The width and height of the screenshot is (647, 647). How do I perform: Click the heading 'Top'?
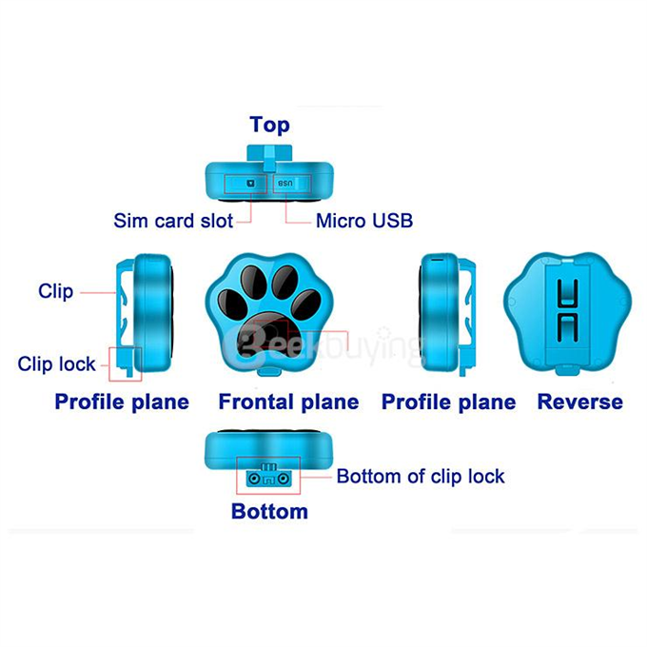click(x=269, y=125)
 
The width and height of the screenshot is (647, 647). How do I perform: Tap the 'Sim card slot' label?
click(x=173, y=221)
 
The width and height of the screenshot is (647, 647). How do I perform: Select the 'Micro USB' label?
click(x=364, y=221)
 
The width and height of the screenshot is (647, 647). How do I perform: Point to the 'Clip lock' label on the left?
click(x=56, y=363)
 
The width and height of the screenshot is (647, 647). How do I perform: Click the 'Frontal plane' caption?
click(x=288, y=402)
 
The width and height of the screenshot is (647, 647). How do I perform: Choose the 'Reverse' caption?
click(x=580, y=402)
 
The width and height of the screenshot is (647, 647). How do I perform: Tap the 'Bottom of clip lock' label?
click(x=421, y=477)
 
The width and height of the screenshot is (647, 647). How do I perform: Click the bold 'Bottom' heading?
click(x=269, y=512)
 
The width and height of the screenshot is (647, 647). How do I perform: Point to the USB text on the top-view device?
click(x=285, y=184)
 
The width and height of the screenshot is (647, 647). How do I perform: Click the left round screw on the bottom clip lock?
click(x=255, y=479)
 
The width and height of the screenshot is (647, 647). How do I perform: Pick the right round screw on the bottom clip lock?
click(x=283, y=479)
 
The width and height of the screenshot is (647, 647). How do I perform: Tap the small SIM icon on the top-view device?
click(x=251, y=184)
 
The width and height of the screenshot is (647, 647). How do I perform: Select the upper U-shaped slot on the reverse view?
click(x=567, y=294)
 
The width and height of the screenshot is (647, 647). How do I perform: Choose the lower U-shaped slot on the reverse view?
click(x=567, y=326)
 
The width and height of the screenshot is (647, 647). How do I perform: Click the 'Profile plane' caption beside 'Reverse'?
click(x=448, y=402)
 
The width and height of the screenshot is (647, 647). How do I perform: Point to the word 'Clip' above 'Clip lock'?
click(x=56, y=291)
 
